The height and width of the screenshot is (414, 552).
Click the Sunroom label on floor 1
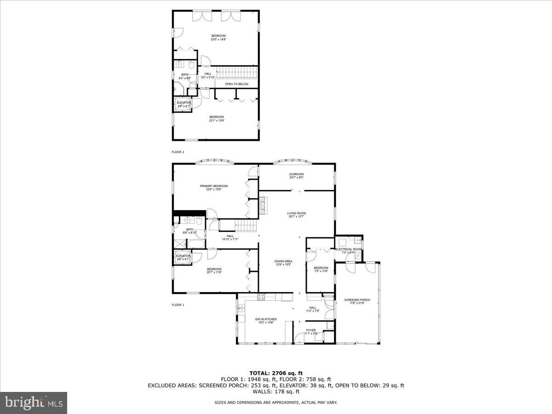(296, 174)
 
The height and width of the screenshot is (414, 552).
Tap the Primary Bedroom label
(213, 186)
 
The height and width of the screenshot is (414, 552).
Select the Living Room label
(296, 213)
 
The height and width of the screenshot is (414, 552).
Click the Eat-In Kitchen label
(266, 319)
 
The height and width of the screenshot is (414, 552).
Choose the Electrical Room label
(348, 249)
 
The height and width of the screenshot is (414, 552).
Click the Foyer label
(311, 330)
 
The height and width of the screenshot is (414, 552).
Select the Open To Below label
(236, 84)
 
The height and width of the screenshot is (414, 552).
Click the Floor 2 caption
(178, 151)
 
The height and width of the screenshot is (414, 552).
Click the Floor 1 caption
(178, 305)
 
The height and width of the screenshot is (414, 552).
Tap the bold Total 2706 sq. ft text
(276, 373)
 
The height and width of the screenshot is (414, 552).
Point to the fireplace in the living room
(263, 206)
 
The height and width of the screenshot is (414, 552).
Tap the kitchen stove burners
(261, 297)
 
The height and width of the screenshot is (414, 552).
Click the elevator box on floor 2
(184, 104)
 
